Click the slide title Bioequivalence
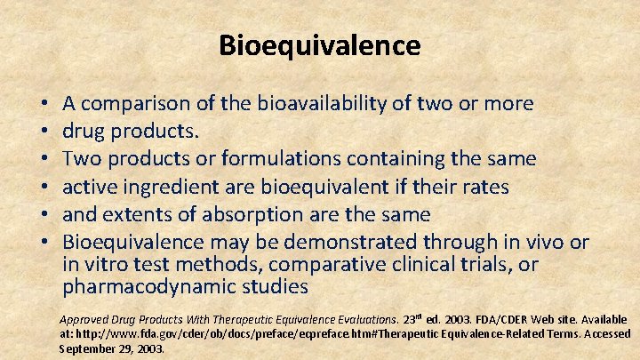320,44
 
